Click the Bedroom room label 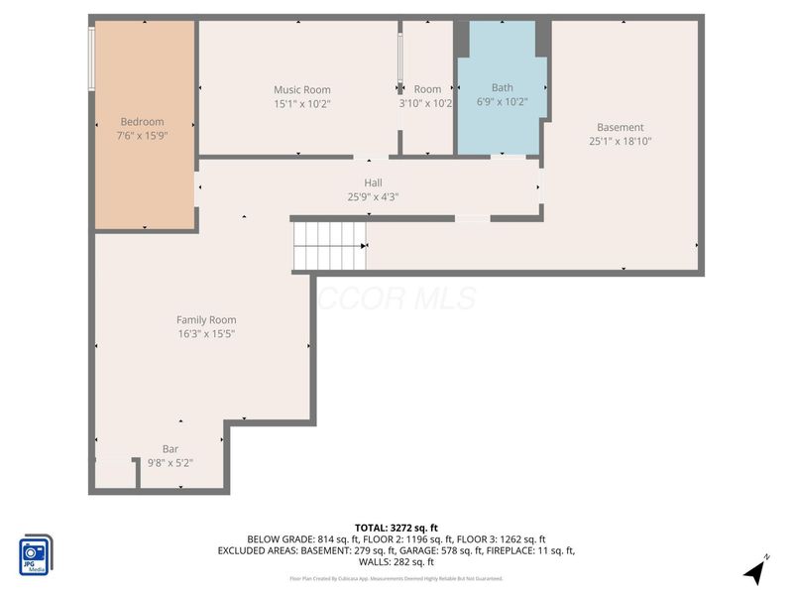point(142,122)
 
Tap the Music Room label point(302,90)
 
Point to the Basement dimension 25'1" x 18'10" point(620,141)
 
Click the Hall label point(373,182)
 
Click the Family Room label point(206,319)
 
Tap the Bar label point(170,448)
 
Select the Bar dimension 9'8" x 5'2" point(170,462)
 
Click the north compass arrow point(755,571)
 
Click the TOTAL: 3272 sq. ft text point(396,527)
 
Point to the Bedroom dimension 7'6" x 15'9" point(142,136)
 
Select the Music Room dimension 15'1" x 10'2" point(302,104)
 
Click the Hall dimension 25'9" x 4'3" point(373,196)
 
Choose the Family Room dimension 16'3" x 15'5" point(206,333)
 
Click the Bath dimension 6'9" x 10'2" point(502,101)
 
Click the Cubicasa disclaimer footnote point(396,578)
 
